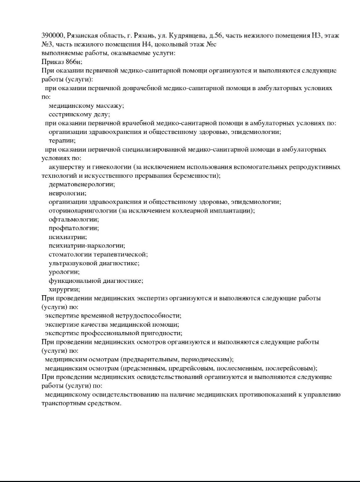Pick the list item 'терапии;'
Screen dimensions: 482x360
(62, 140)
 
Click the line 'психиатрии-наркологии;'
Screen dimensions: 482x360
(86, 246)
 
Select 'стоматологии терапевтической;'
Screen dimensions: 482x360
(98, 254)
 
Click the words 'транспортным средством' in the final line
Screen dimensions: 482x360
(81, 403)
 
